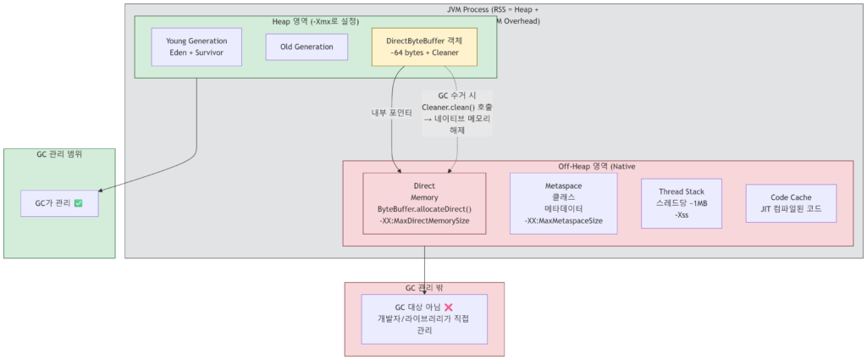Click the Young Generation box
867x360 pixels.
(x=196, y=47)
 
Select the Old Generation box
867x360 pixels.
(x=306, y=47)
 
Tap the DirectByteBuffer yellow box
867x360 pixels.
(x=424, y=47)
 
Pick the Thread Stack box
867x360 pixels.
(x=681, y=202)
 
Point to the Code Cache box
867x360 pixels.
(x=791, y=203)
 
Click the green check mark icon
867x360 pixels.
(x=78, y=204)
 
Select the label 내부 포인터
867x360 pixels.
(x=391, y=113)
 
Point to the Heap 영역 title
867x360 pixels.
(x=315, y=20)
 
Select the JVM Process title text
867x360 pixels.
(x=492, y=9)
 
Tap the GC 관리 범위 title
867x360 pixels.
(x=59, y=154)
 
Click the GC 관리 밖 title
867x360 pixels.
(x=424, y=288)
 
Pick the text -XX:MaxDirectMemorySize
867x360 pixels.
(x=424, y=221)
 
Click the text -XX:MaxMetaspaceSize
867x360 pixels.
(x=563, y=221)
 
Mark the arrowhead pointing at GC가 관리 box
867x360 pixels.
(x=102, y=193)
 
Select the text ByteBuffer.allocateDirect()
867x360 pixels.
(x=424, y=208)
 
